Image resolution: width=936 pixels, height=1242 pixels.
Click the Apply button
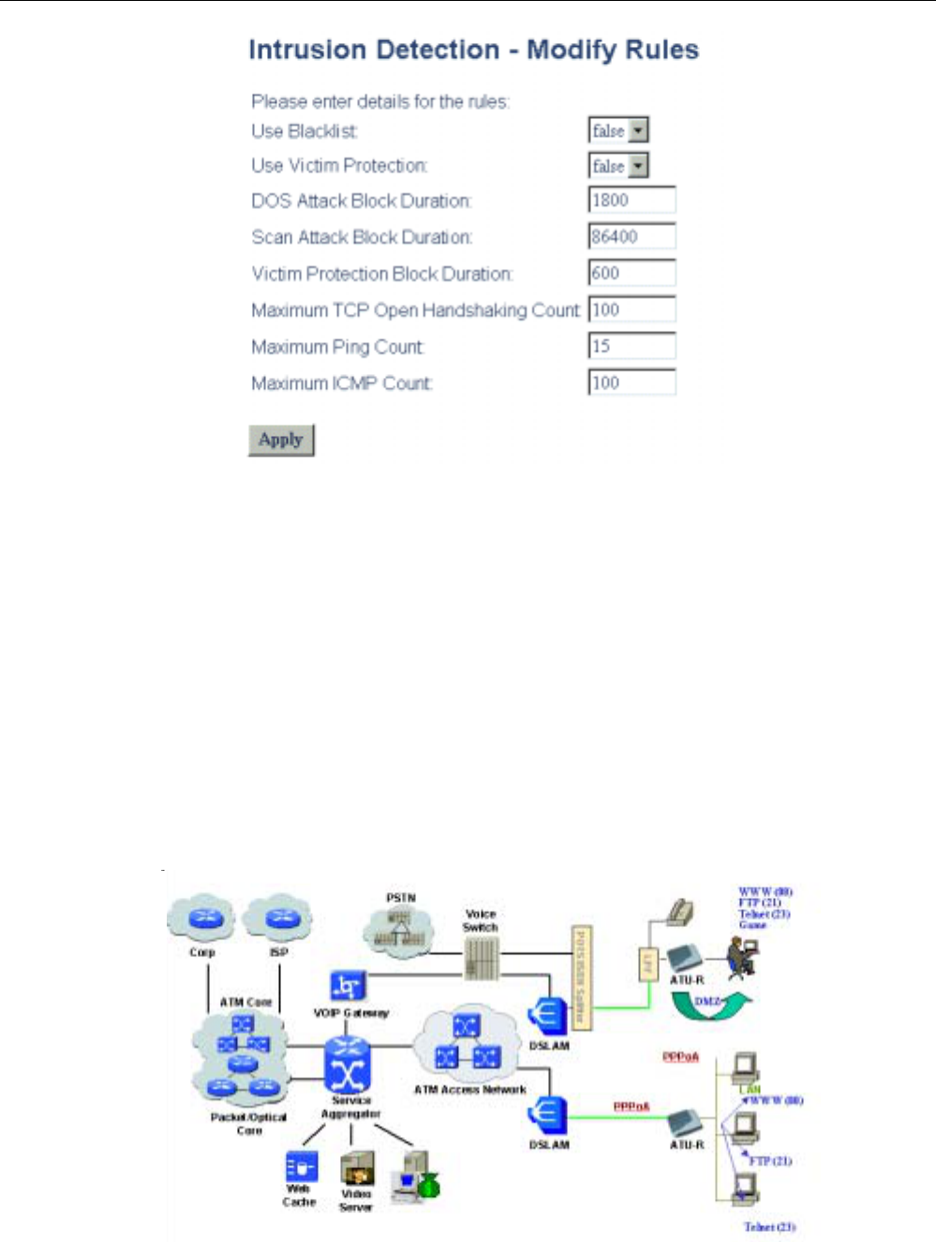(x=281, y=440)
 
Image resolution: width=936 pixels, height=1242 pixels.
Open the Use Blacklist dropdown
(x=638, y=130)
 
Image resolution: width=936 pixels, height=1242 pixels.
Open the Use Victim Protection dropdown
(x=638, y=166)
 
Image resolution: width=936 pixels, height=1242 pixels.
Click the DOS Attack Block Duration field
(x=631, y=200)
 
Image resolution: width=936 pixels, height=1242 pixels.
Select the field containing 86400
(x=631, y=236)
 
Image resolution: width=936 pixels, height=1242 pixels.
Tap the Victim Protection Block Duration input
(x=631, y=273)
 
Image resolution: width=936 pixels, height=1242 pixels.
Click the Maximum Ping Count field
(x=631, y=346)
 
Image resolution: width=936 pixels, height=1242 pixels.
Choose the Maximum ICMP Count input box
(x=631, y=382)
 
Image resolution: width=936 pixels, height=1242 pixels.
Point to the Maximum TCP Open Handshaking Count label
(x=415, y=310)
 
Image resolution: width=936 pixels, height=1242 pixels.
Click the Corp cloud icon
(x=203, y=918)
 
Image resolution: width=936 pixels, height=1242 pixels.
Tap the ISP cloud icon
(x=278, y=918)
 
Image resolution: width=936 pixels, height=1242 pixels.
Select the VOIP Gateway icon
(x=348, y=986)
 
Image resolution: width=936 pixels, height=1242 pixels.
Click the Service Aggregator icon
(x=348, y=1067)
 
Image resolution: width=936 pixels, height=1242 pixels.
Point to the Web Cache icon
(x=301, y=1167)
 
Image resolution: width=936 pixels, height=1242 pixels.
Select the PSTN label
(x=401, y=898)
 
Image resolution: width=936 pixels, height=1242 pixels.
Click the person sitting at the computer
(x=745, y=956)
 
